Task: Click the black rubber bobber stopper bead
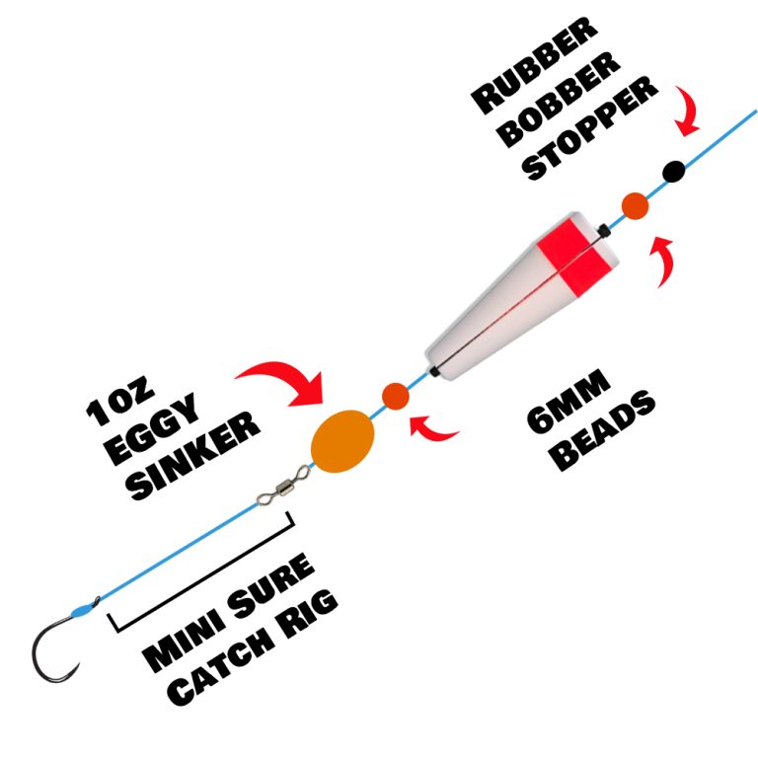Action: pos(674,171)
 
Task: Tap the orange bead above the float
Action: pos(635,206)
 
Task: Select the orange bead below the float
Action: pos(395,397)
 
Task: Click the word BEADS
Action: pos(603,433)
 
